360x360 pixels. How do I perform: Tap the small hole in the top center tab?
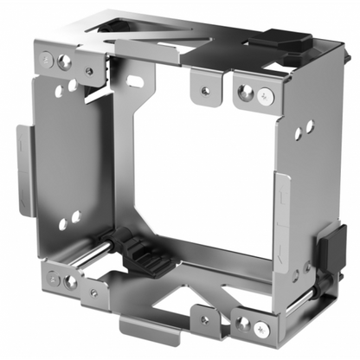pyautogui.click(x=205, y=89)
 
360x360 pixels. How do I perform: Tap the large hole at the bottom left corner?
pyautogui.click(x=70, y=282)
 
